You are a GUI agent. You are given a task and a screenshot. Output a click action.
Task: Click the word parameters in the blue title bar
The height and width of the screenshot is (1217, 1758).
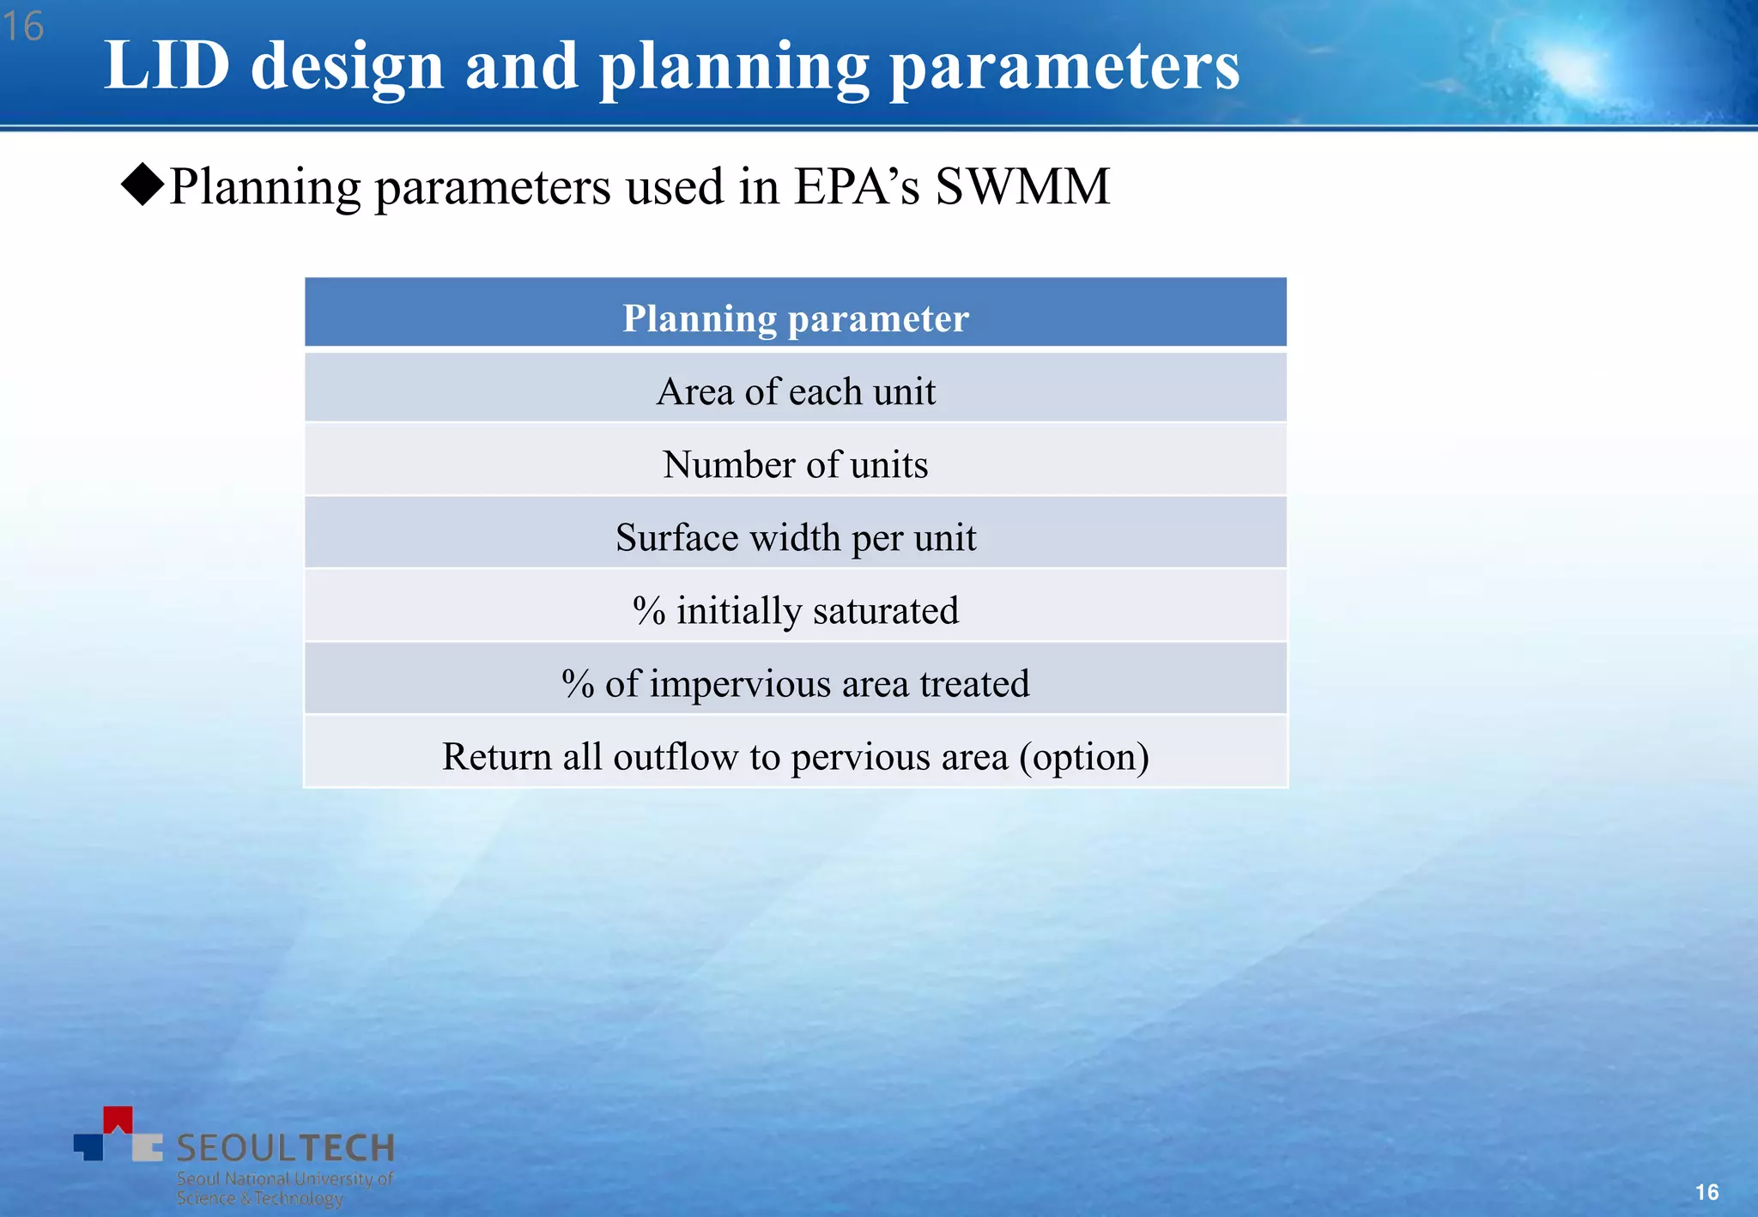coord(1064,67)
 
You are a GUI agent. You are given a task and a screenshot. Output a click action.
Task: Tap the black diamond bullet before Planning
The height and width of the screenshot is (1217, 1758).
coord(142,184)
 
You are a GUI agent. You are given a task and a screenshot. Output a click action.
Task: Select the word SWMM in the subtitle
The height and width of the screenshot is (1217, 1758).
coord(1022,186)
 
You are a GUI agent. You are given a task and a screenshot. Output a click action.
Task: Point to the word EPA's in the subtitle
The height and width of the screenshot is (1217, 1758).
coord(856,186)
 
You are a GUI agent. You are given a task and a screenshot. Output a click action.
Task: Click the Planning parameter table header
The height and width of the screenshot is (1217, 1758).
coord(795,318)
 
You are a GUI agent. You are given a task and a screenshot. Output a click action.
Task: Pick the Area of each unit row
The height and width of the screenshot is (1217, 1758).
coord(795,391)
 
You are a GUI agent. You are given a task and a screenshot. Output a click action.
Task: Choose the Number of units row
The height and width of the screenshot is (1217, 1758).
coord(795,464)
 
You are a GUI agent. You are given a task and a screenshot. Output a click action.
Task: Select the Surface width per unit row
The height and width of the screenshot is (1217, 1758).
coord(795,537)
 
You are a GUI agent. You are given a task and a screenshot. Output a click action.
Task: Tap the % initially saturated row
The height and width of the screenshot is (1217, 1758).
coord(795,610)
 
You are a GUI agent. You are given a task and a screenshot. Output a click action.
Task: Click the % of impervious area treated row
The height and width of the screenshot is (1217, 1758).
coord(795,683)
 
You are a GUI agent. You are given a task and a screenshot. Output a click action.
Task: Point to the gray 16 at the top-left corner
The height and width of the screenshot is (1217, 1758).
coord(23,27)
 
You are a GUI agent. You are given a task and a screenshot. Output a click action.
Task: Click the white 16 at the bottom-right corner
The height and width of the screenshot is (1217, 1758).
coord(1706,1191)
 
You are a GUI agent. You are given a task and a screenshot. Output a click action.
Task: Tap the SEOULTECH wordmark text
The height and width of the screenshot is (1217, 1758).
coord(285,1147)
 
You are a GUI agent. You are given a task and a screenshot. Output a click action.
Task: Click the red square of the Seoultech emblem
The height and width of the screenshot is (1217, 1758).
coord(118,1119)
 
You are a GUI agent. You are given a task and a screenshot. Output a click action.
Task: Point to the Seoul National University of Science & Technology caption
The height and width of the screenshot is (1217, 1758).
coord(283,1189)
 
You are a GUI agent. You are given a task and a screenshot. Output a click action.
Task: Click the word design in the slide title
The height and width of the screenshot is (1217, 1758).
coord(347,67)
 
